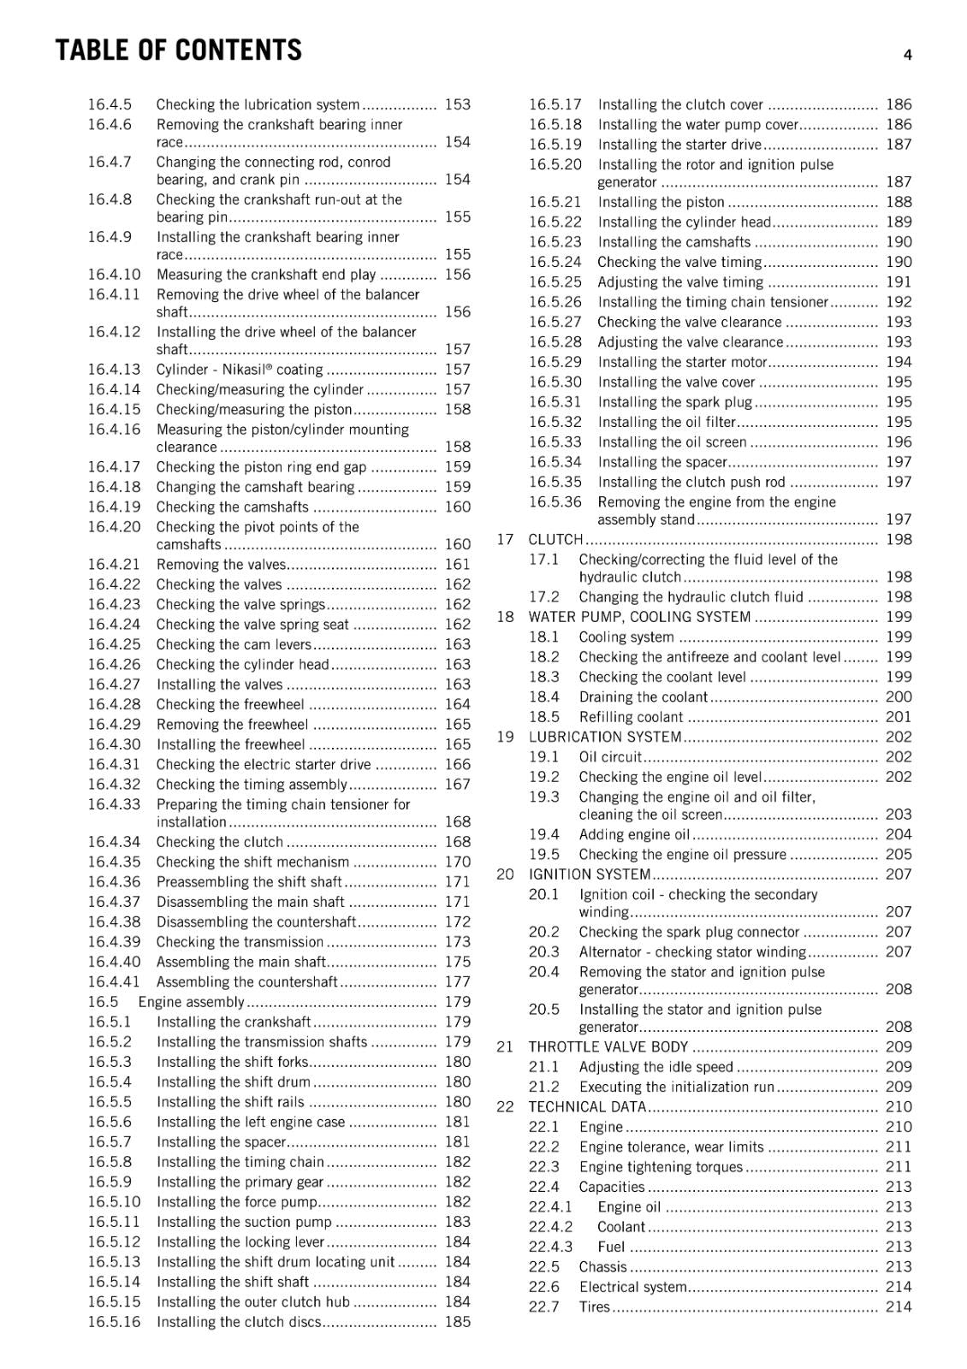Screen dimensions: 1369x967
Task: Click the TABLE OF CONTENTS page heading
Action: (x=178, y=50)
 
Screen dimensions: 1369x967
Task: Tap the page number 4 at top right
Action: (x=907, y=56)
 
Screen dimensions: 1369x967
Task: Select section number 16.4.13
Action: (x=114, y=370)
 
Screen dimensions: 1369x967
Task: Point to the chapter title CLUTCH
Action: (x=555, y=540)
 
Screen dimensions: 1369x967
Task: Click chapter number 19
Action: (x=505, y=738)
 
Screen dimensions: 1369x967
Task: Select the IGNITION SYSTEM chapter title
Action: (x=590, y=874)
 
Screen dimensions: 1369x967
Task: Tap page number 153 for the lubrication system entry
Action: (x=457, y=104)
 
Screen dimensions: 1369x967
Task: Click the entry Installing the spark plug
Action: (x=674, y=402)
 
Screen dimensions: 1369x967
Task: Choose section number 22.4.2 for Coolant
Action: (x=550, y=1227)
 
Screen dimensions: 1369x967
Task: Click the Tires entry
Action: (x=594, y=1307)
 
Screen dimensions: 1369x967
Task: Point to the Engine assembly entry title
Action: (x=191, y=1002)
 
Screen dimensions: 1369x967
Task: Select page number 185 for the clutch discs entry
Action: (x=457, y=1322)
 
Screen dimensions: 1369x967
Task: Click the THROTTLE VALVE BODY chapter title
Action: (x=608, y=1047)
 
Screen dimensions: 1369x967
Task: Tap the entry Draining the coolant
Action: (x=643, y=697)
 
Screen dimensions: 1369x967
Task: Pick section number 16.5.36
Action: (x=555, y=502)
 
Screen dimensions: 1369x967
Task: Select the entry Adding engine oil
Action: (x=633, y=834)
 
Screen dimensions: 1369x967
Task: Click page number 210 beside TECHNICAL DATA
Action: (x=899, y=1107)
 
